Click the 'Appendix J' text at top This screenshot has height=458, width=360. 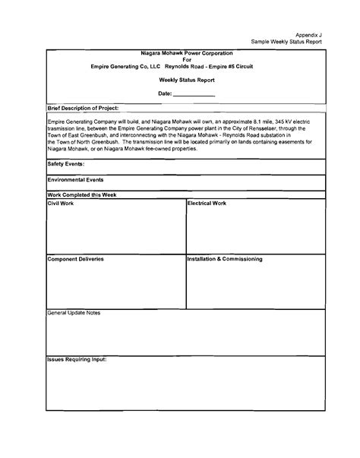(309, 34)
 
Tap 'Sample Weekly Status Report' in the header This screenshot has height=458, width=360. (287, 41)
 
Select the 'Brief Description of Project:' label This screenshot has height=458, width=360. (83, 109)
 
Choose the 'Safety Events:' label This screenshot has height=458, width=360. (66, 163)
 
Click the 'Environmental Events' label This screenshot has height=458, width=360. (75, 180)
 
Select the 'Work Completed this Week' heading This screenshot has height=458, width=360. (81, 195)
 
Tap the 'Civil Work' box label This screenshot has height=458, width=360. (62, 204)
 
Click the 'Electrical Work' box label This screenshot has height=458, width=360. (207, 204)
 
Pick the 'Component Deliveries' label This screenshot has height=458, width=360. (75, 259)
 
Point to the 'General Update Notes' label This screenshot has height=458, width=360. (74, 313)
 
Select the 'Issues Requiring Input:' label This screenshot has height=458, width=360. (77, 359)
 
